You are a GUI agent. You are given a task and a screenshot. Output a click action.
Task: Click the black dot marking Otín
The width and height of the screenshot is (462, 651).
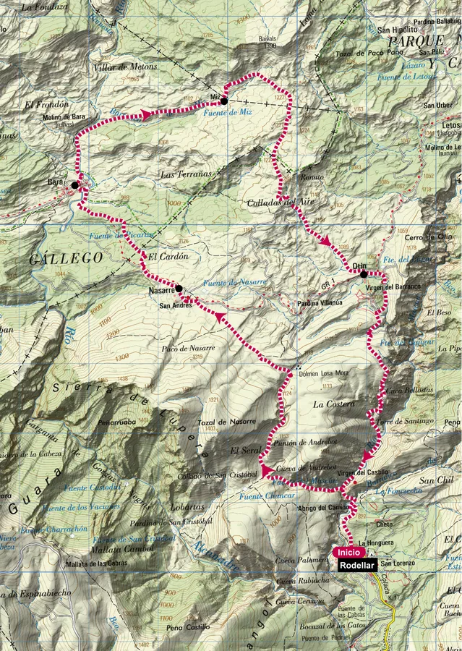[x=364, y=274]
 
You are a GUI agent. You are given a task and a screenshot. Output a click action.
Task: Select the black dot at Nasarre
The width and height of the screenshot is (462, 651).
[x=179, y=288]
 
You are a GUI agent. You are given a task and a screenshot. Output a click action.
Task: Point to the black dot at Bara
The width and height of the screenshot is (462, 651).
[x=74, y=185]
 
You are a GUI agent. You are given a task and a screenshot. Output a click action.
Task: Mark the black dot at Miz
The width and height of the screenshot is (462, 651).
[x=224, y=101]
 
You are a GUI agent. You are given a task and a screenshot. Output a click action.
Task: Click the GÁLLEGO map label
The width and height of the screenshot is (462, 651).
[x=56, y=258]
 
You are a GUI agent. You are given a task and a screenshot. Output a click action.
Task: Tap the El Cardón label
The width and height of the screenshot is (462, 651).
[x=168, y=256]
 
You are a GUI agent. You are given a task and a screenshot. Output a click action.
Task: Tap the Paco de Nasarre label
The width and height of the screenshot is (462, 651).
[x=189, y=348]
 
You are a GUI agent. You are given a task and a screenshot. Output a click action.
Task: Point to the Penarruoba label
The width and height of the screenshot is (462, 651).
[x=119, y=422]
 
